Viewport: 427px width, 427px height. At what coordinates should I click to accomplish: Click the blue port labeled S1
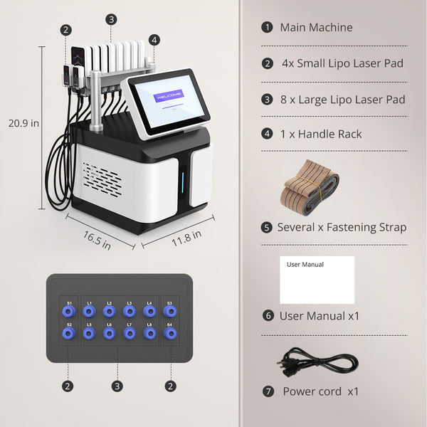69,311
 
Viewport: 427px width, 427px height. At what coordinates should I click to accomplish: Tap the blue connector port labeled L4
149,311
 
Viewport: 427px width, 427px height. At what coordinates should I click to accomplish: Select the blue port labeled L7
129,332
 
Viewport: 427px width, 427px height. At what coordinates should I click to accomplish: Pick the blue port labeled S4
169,332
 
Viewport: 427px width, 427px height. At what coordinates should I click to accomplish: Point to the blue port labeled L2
109,311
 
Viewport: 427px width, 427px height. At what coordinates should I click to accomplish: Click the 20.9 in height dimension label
23,122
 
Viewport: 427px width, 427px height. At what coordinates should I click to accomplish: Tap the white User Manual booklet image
317,280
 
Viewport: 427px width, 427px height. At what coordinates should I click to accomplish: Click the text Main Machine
316,28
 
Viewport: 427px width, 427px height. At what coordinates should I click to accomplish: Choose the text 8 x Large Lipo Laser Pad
342,99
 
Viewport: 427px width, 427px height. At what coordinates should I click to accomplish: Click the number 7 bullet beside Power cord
268,391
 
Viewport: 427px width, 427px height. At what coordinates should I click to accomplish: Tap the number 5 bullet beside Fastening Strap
267,228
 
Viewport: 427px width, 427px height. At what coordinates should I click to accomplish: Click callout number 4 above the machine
154,39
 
